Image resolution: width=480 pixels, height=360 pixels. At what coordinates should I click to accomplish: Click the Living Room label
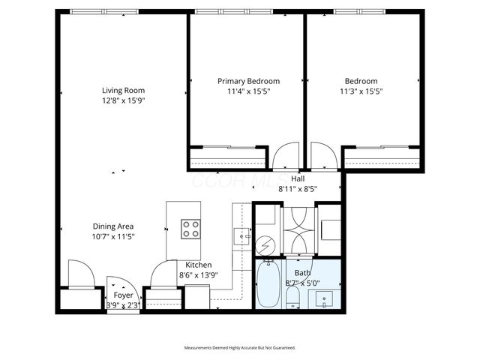point(122,91)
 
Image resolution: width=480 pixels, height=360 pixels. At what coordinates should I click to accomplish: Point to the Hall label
point(298,178)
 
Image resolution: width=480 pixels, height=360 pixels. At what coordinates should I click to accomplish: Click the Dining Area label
point(113,226)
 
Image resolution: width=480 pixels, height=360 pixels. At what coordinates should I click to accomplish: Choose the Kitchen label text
point(199,265)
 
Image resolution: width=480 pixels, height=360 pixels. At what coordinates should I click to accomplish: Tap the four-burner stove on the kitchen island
point(191,228)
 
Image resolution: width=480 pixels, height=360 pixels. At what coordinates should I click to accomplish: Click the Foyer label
point(123,295)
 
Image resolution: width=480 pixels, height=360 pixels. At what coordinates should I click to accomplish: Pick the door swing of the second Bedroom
point(323,157)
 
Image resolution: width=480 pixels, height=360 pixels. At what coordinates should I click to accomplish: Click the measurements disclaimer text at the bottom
point(240,348)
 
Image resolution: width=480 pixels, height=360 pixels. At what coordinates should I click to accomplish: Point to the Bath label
point(302,273)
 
